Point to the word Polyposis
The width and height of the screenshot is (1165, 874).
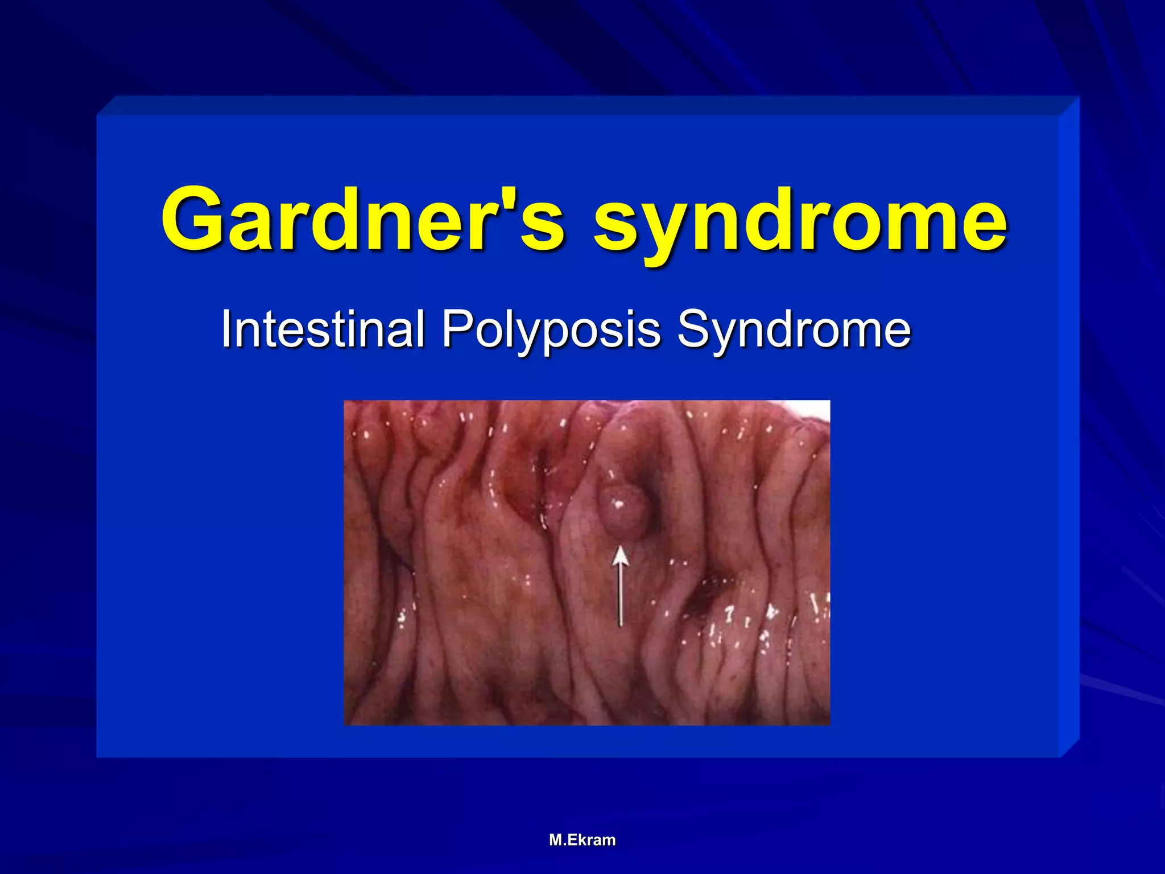tap(551, 330)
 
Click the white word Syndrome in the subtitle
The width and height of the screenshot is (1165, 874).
tap(794, 330)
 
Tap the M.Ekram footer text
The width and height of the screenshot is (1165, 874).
tap(582, 840)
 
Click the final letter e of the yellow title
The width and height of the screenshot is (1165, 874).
tap(980, 225)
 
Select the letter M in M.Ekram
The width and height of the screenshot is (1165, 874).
tap(556, 840)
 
